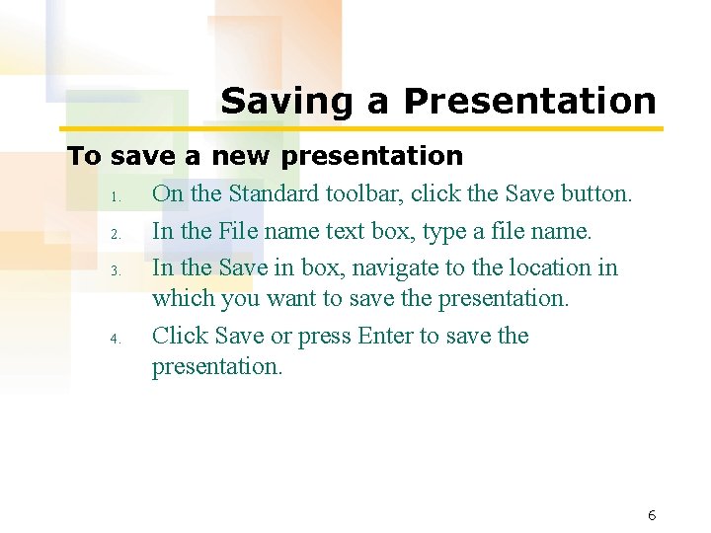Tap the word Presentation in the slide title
[529, 101]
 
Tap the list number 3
[115, 270]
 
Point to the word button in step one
[595, 193]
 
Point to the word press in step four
[325, 338]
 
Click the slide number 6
[652, 515]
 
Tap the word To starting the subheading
[84, 156]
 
